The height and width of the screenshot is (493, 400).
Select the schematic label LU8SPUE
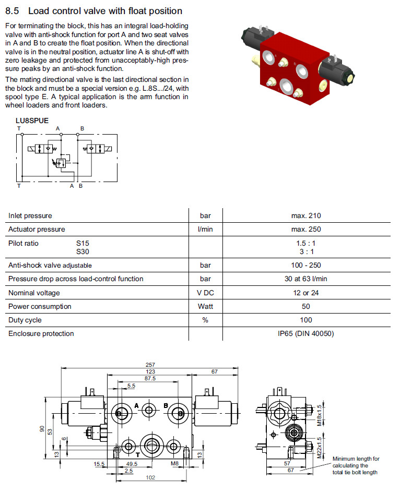coord(32,120)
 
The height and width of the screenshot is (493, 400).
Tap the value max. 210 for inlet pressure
coord(306,215)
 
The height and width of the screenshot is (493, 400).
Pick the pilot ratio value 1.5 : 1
coord(306,243)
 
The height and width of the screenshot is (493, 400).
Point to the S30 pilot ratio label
coord(83,251)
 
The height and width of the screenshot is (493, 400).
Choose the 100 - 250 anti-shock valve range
coord(306,265)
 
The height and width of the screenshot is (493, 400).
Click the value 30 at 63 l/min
coord(306,279)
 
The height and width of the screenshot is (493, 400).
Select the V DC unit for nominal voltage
coord(206,293)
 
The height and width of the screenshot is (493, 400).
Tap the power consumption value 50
coord(306,306)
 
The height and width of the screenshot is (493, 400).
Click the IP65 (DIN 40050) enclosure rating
coord(306,333)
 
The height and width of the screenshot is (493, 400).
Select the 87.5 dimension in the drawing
coord(151,378)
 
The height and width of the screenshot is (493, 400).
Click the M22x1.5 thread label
coord(320,447)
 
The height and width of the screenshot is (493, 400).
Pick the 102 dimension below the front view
coord(151,478)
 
